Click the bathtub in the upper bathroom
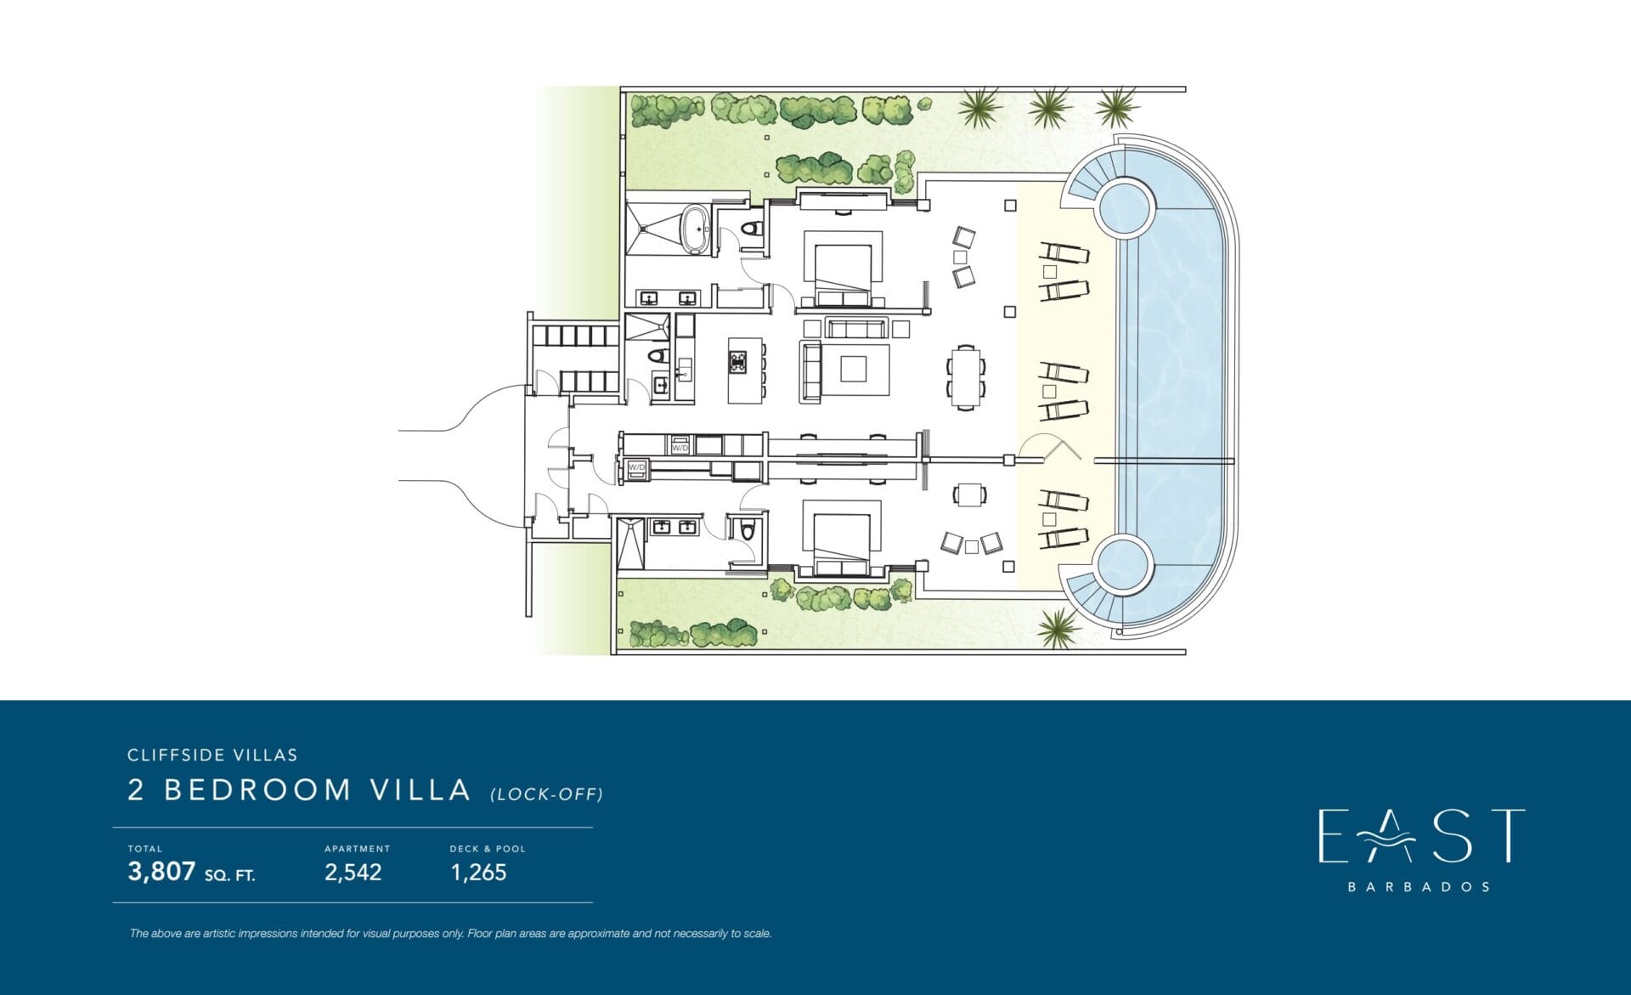697,229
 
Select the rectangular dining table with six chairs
966,377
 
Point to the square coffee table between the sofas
853,369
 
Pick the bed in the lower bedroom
842,544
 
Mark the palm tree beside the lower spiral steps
1058,627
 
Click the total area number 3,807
161,872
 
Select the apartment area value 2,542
353,873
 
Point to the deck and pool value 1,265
478,873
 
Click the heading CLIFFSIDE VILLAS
212,755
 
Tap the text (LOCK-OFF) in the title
546,794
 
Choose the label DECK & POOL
488,849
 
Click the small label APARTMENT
357,849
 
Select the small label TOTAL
144,849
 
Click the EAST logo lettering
1420,836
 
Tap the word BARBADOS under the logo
1419,887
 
